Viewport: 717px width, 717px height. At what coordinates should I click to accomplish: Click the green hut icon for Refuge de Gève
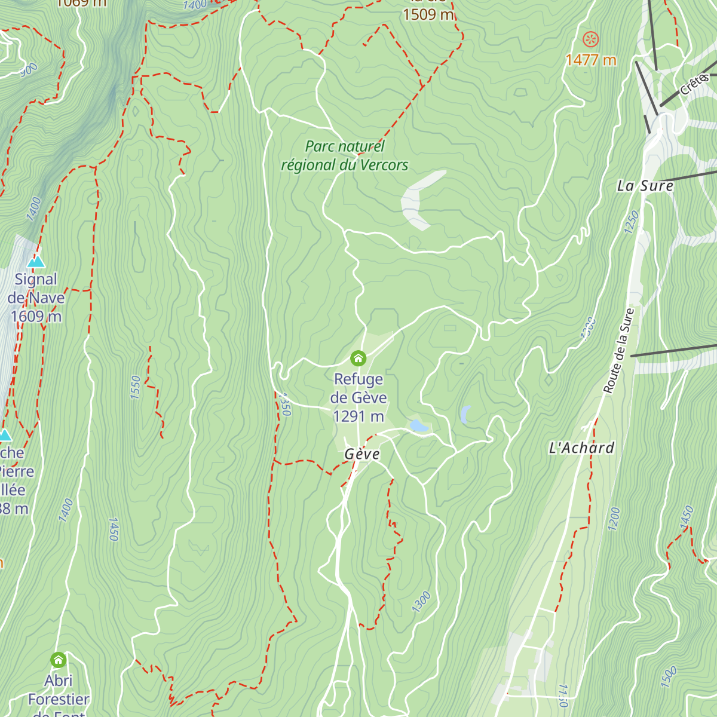[x=358, y=358]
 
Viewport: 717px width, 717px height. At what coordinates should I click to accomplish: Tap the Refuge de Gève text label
[x=358, y=388]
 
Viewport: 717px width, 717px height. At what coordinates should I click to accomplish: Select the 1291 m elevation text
[x=358, y=416]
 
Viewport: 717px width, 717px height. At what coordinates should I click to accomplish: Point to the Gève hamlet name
[x=362, y=455]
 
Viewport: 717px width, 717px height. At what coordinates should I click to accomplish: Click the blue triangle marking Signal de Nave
[x=36, y=262]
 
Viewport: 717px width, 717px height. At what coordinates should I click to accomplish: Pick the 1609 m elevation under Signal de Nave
[x=36, y=316]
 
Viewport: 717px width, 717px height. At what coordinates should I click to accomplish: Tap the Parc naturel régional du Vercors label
[x=345, y=156]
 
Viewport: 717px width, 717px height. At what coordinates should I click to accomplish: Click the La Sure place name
[x=645, y=186]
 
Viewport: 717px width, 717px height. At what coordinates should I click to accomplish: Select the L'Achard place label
[x=581, y=448]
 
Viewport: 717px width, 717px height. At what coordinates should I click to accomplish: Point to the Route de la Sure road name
[x=618, y=351]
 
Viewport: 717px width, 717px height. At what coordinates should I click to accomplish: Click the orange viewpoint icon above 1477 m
[x=590, y=40]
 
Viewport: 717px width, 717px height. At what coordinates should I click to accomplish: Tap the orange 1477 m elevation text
[x=590, y=60]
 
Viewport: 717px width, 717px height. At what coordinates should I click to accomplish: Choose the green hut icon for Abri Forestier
[x=58, y=660]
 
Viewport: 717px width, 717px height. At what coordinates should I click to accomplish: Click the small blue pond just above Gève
[x=418, y=426]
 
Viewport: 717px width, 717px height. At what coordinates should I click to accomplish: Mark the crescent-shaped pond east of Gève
[x=465, y=414]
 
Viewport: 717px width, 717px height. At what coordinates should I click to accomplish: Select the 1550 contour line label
[x=135, y=387]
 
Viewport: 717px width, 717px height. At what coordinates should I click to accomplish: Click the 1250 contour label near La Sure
[x=631, y=222]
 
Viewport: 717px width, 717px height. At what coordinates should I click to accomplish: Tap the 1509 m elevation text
[x=428, y=14]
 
